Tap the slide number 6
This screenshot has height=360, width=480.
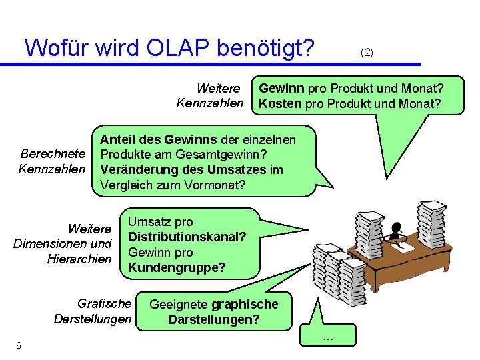coord(19,345)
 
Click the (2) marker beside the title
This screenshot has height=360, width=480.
coord(367,51)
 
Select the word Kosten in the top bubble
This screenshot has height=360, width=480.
coord(279,103)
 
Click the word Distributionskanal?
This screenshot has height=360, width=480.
coord(187,237)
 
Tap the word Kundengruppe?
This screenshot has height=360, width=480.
coord(177,268)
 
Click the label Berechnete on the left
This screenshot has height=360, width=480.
coord(53,154)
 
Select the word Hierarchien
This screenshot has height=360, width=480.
coord(79,259)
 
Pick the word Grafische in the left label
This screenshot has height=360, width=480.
coord(105,304)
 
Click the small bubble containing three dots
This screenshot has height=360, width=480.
coord(328,338)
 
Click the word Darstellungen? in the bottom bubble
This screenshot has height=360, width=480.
coord(213,319)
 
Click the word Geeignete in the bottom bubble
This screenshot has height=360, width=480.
coord(179,304)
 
